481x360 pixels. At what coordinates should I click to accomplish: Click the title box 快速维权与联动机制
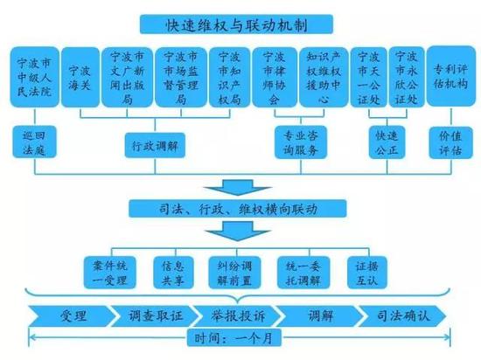[x=236, y=24]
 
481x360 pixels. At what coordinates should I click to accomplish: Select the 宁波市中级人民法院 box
[x=34, y=77]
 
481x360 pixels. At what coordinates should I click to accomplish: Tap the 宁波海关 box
[x=80, y=77]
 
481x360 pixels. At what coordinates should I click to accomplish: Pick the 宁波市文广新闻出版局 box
[x=127, y=77]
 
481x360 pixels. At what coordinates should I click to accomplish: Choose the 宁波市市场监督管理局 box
[x=181, y=77]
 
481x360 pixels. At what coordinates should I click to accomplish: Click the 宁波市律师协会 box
[x=275, y=77]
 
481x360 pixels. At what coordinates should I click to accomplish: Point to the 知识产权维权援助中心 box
[x=324, y=77]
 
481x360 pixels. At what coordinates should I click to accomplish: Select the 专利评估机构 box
[x=451, y=76]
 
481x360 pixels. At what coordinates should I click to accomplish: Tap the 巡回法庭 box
[x=34, y=142]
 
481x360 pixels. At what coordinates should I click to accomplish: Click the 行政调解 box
[x=155, y=145]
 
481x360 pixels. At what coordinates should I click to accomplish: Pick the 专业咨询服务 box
[x=301, y=142]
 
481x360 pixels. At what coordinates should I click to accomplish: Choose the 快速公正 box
[x=387, y=142]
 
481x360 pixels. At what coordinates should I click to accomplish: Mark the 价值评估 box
[x=450, y=142]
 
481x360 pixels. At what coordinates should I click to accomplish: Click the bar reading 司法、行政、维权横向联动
[x=237, y=209]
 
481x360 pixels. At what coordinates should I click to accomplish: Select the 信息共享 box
[x=174, y=273]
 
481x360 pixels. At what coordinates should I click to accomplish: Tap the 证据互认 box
[x=367, y=273]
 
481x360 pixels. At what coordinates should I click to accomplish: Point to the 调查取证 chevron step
[x=156, y=315]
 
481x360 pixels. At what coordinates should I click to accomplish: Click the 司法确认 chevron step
[x=402, y=315]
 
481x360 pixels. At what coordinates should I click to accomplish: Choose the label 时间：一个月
[x=234, y=337]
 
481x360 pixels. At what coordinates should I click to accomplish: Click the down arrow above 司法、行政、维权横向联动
[x=237, y=188]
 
